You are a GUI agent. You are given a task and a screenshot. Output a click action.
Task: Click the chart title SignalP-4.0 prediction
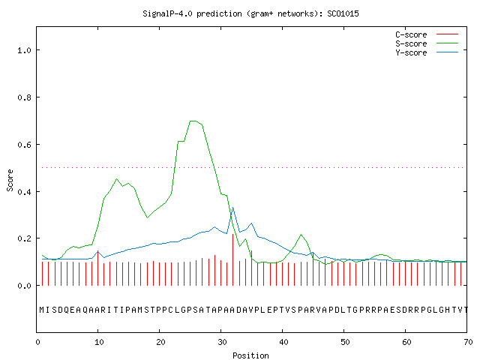pyautogui.click(x=250, y=13)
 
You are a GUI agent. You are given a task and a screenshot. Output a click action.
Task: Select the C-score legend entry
pyautogui.click(x=427, y=34)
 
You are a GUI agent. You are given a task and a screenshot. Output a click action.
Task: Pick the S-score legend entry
pyautogui.click(x=427, y=43)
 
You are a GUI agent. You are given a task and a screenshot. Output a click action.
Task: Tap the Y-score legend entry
pyautogui.click(x=427, y=52)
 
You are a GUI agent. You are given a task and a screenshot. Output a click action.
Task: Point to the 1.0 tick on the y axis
pyautogui.click(x=24, y=50)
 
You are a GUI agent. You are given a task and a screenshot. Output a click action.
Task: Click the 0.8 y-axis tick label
pyautogui.click(x=24, y=97)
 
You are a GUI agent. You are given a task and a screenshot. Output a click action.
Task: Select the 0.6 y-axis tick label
pyautogui.click(x=24, y=145)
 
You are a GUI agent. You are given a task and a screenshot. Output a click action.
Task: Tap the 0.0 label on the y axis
pyautogui.click(x=24, y=286)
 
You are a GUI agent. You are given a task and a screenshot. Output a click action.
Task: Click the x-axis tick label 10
pyautogui.click(x=98, y=342)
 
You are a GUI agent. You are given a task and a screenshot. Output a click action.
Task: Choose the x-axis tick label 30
pyautogui.click(x=222, y=342)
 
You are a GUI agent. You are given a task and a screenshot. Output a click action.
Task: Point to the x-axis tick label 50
pyautogui.click(x=345, y=342)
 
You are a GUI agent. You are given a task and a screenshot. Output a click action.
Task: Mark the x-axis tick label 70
pyautogui.click(x=468, y=342)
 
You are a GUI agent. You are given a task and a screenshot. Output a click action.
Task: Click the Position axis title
pyautogui.click(x=250, y=355)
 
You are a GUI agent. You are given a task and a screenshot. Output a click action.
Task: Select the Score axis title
pyautogui.click(x=10, y=180)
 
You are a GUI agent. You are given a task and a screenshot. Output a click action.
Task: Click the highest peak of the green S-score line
pyautogui.click(x=193, y=121)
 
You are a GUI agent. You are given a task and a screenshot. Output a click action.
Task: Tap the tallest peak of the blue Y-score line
pyautogui.click(x=233, y=208)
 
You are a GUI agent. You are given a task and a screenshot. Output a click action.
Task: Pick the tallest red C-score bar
pyautogui.click(x=233, y=260)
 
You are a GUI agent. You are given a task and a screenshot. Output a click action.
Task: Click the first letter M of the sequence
pyautogui.click(x=42, y=310)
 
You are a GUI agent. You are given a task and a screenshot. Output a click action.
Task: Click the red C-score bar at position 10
pyautogui.click(x=98, y=268)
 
